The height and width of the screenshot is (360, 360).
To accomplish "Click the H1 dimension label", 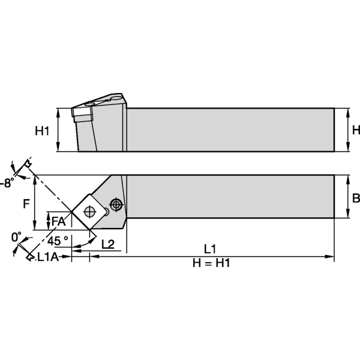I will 41,130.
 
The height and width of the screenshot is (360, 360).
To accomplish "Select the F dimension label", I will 26,203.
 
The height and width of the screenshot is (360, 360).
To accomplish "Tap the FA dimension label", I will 58,221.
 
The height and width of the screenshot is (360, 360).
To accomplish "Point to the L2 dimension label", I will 108,244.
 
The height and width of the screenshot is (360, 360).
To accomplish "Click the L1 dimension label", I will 210,248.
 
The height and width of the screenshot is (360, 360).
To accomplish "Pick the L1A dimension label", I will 49,257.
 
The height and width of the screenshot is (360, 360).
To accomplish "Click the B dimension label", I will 355,198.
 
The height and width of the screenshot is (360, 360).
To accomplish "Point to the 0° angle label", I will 16,236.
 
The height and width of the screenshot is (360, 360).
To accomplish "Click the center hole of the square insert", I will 89,211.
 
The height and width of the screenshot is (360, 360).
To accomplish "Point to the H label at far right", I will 355,130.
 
